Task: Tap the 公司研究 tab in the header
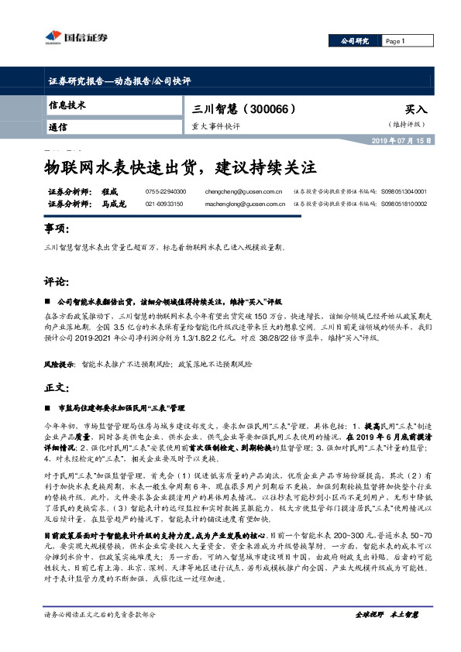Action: [357, 40]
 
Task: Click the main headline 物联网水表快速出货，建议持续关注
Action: [179, 166]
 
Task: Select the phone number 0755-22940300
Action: [166, 190]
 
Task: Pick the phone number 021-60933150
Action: [164, 204]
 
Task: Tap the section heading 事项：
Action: [59, 230]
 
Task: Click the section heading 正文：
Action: [59, 386]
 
